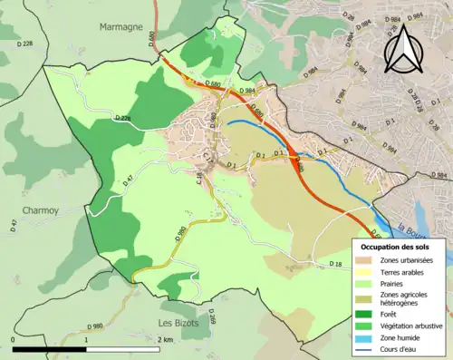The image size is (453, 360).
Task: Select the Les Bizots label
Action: click(x=178, y=323)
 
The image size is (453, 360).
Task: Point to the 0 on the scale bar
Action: click(x=13, y=339)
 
